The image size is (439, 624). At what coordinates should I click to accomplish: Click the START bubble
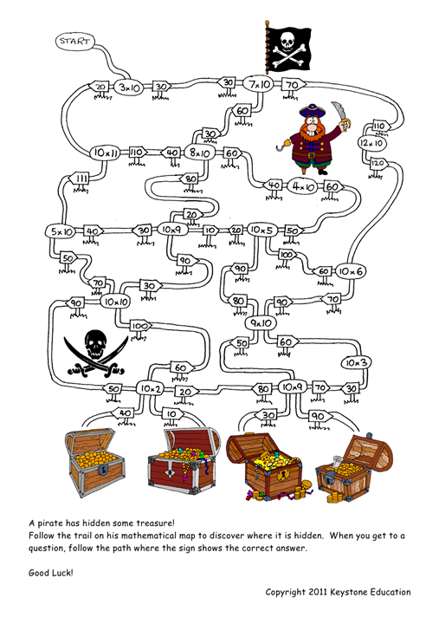click(x=75, y=42)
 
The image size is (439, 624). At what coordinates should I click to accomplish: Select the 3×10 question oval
click(x=129, y=88)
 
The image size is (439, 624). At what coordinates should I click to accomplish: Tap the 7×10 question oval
click(x=259, y=84)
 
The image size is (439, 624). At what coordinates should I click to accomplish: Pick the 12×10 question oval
click(x=371, y=143)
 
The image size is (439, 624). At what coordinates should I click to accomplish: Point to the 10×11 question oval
click(x=105, y=153)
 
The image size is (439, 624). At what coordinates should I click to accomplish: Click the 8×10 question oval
click(x=200, y=152)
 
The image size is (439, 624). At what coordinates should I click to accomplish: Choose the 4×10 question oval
click(x=303, y=185)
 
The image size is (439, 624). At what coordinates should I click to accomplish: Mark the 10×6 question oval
click(x=351, y=271)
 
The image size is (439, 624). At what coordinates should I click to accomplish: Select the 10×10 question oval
click(x=115, y=302)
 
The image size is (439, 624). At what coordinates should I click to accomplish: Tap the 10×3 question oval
click(x=357, y=362)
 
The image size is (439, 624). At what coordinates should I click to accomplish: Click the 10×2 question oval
click(x=150, y=388)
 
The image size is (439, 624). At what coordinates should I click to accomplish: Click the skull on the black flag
click(x=287, y=41)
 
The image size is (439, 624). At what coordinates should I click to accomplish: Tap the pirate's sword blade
click(x=339, y=111)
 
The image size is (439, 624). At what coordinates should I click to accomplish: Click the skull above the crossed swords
click(x=95, y=343)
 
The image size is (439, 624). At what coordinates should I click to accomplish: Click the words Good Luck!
click(x=51, y=573)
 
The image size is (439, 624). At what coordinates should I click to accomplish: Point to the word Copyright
click(x=286, y=593)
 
